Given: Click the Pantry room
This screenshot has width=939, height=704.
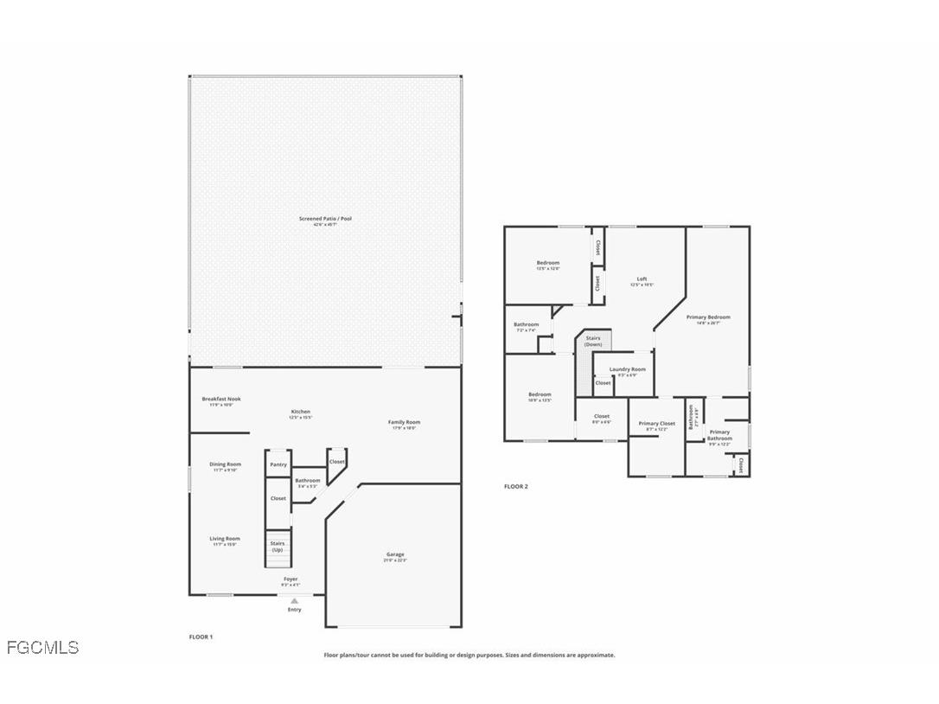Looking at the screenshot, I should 278,464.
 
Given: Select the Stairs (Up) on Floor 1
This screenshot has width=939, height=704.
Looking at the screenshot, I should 278,547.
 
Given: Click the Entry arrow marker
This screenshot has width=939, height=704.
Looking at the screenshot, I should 295,600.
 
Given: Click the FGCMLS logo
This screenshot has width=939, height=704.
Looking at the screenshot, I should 42,647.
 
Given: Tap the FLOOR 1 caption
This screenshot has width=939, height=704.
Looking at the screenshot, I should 201,637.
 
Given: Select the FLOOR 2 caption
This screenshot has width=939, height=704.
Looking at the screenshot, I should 515,486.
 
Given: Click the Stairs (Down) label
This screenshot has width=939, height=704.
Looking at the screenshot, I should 593,341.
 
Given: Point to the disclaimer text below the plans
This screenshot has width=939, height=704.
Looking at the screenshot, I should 469,655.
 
